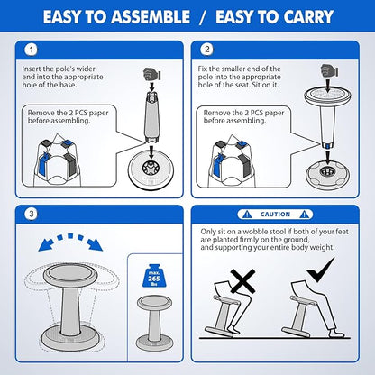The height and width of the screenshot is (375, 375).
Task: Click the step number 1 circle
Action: (x=32, y=50)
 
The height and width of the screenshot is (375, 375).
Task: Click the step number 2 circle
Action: (x=207, y=50)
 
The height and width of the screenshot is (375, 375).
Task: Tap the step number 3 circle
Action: (x=32, y=215)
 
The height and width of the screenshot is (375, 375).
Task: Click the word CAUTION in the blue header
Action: (x=275, y=215)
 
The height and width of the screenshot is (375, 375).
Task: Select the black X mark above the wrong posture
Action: (x=242, y=281)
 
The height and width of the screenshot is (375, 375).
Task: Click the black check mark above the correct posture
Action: (x=320, y=270)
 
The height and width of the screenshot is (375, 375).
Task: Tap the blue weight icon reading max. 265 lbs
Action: (x=153, y=276)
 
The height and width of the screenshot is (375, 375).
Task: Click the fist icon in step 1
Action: (x=151, y=74)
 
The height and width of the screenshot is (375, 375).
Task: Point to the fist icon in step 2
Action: (x=329, y=70)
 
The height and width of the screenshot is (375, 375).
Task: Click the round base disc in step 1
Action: (x=151, y=169)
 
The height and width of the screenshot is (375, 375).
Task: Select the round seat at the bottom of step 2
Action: (x=327, y=175)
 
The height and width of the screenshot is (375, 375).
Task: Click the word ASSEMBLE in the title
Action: (x=151, y=17)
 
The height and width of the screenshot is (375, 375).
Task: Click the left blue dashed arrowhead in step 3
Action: (x=46, y=244)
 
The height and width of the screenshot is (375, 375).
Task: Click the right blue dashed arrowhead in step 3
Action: (x=96, y=244)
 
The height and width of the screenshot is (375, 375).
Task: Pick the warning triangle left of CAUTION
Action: (x=247, y=215)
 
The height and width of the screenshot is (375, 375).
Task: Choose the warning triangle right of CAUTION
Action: (x=304, y=215)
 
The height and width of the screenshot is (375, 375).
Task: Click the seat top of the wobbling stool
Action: (x=70, y=274)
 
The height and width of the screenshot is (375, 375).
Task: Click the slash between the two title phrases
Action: (x=203, y=17)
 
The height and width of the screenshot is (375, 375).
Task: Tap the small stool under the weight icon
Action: (x=154, y=323)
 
